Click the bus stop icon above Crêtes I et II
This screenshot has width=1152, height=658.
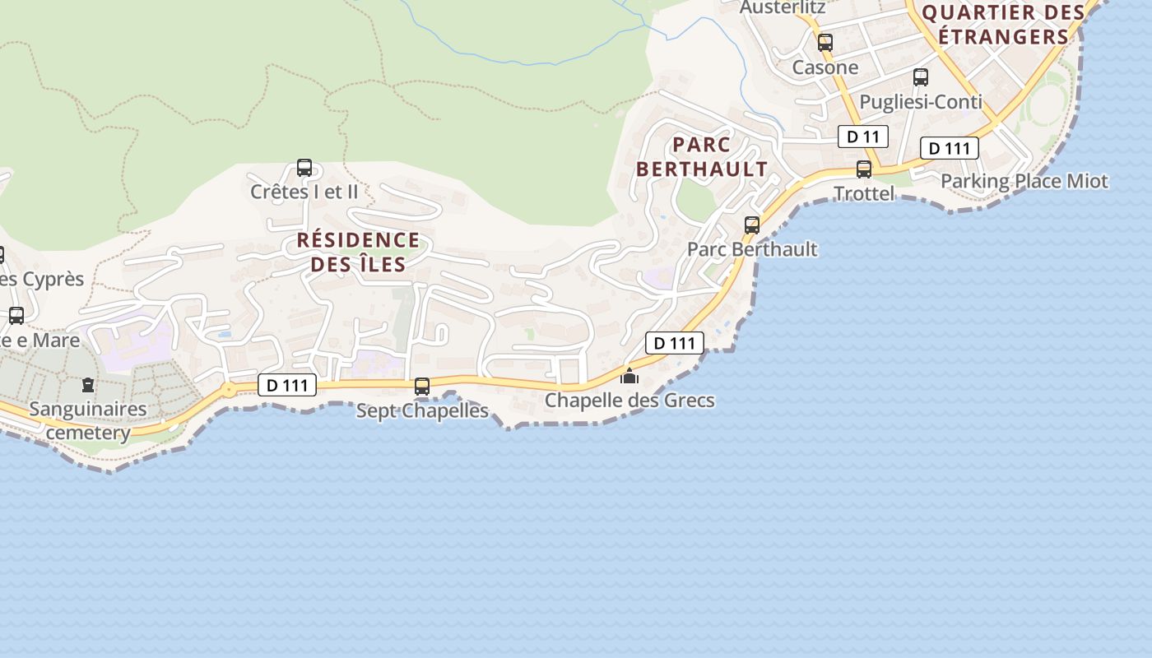[x=304, y=168]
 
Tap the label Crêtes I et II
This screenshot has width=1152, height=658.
[x=304, y=192]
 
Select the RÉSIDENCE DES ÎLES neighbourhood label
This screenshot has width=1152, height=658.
[x=358, y=252]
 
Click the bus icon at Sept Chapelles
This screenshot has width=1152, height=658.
[x=422, y=386]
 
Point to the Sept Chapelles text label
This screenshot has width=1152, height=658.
[x=422, y=410]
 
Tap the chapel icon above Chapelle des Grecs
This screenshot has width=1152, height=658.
[x=629, y=376]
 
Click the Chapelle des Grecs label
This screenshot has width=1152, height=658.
[x=629, y=401]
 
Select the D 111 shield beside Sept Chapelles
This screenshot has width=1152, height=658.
[x=287, y=385]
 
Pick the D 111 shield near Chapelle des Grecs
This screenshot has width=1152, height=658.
[x=675, y=343]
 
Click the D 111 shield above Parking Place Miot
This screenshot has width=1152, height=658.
[x=949, y=148]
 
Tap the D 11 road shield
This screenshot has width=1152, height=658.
[x=863, y=137]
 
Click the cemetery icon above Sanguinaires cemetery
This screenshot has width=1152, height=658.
[x=88, y=384]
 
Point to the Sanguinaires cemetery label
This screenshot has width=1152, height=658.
[x=88, y=420]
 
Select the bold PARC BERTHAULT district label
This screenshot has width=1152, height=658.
[x=702, y=156]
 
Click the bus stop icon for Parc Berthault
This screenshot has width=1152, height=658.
[x=751, y=225]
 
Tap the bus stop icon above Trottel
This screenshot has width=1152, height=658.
[x=864, y=169]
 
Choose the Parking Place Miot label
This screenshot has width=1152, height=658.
[x=1024, y=181]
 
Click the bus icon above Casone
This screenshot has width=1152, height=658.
[x=825, y=43]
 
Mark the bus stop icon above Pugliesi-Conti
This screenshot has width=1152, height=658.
[x=921, y=77]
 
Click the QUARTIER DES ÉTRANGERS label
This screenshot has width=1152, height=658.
[x=1003, y=25]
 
